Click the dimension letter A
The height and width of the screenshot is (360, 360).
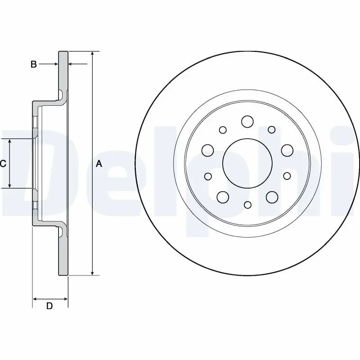pyautogui.click(x=99, y=164)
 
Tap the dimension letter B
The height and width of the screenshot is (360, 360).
pyautogui.click(x=33, y=64)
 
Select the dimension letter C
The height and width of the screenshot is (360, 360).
pyautogui.click(x=3, y=164)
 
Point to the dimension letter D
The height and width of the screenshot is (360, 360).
pyautogui.click(x=50, y=306)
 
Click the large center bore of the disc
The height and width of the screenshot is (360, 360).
pyautogui.click(x=247, y=163)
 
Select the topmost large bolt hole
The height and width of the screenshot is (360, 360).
pyautogui.click(x=247, y=121)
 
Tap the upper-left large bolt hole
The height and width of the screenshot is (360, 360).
pyautogui.click(x=207, y=150)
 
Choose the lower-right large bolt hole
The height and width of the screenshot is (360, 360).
pyautogui.click(x=272, y=197)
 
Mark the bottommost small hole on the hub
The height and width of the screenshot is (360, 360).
pyautogui.click(x=247, y=205)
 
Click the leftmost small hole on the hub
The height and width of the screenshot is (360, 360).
pyautogui.click(x=208, y=176)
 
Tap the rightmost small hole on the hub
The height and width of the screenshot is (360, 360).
pyautogui.click(x=287, y=175)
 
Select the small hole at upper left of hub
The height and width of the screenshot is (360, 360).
pyautogui.click(x=223, y=130)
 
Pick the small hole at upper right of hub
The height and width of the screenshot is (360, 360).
pyautogui.click(x=271, y=130)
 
